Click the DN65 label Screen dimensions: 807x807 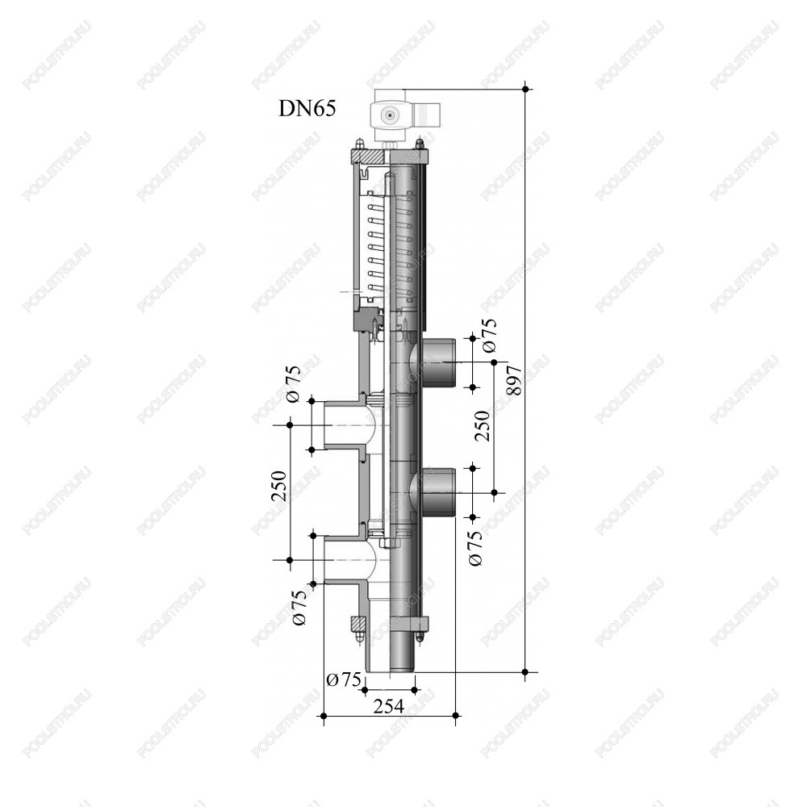(x=307, y=109)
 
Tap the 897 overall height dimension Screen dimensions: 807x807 (x=514, y=381)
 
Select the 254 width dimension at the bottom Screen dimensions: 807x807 (x=389, y=706)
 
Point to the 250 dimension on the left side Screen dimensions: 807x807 (x=278, y=487)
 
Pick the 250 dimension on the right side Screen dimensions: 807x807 (x=483, y=425)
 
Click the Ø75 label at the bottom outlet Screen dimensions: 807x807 (x=345, y=679)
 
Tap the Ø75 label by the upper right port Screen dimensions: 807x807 (x=490, y=336)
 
